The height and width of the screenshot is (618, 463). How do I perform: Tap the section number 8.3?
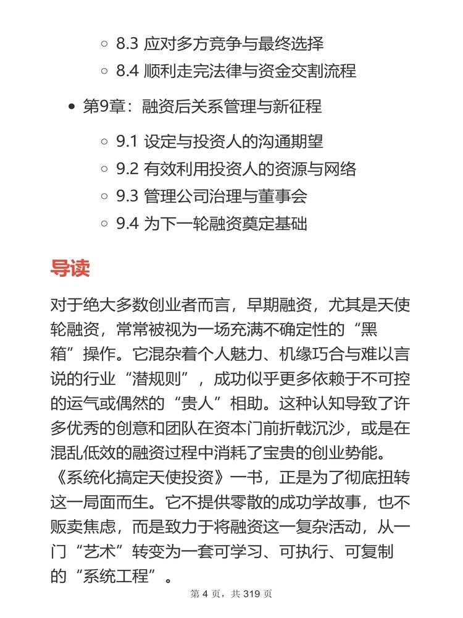click(128, 44)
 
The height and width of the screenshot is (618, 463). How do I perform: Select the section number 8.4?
click(128, 71)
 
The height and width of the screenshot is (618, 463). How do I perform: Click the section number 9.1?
click(127, 142)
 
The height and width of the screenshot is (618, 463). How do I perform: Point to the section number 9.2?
click(127, 169)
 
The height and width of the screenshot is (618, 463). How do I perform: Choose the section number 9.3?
click(127, 196)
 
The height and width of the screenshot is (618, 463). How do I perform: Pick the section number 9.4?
click(128, 223)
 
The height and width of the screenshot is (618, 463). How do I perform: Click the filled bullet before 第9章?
click(71, 107)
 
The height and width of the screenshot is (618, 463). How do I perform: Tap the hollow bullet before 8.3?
click(104, 44)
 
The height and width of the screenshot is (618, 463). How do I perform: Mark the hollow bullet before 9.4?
click(104, 224)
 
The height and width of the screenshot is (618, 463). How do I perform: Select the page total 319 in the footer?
click(249, 595)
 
